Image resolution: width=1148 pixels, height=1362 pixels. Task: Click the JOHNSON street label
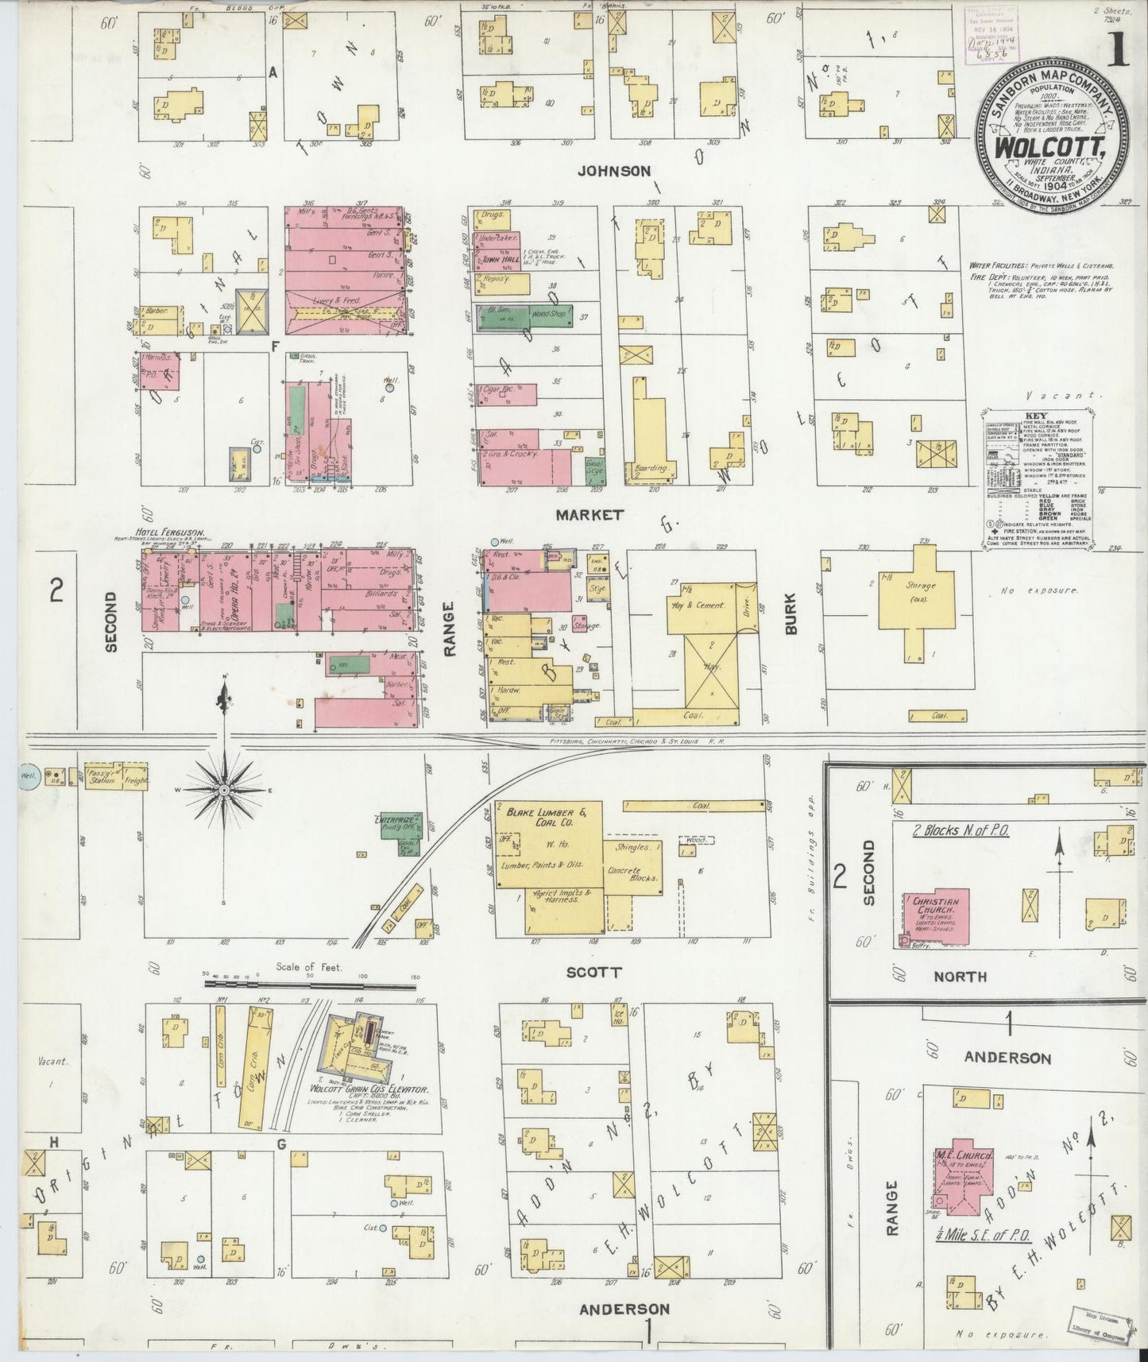point(614,170)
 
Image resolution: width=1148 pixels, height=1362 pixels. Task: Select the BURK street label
point(791,617)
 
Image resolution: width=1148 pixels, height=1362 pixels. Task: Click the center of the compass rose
point(225,790)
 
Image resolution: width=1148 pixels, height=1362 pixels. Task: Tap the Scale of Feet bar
point(310,984)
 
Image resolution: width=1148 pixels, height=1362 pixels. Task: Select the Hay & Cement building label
point(699,606)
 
